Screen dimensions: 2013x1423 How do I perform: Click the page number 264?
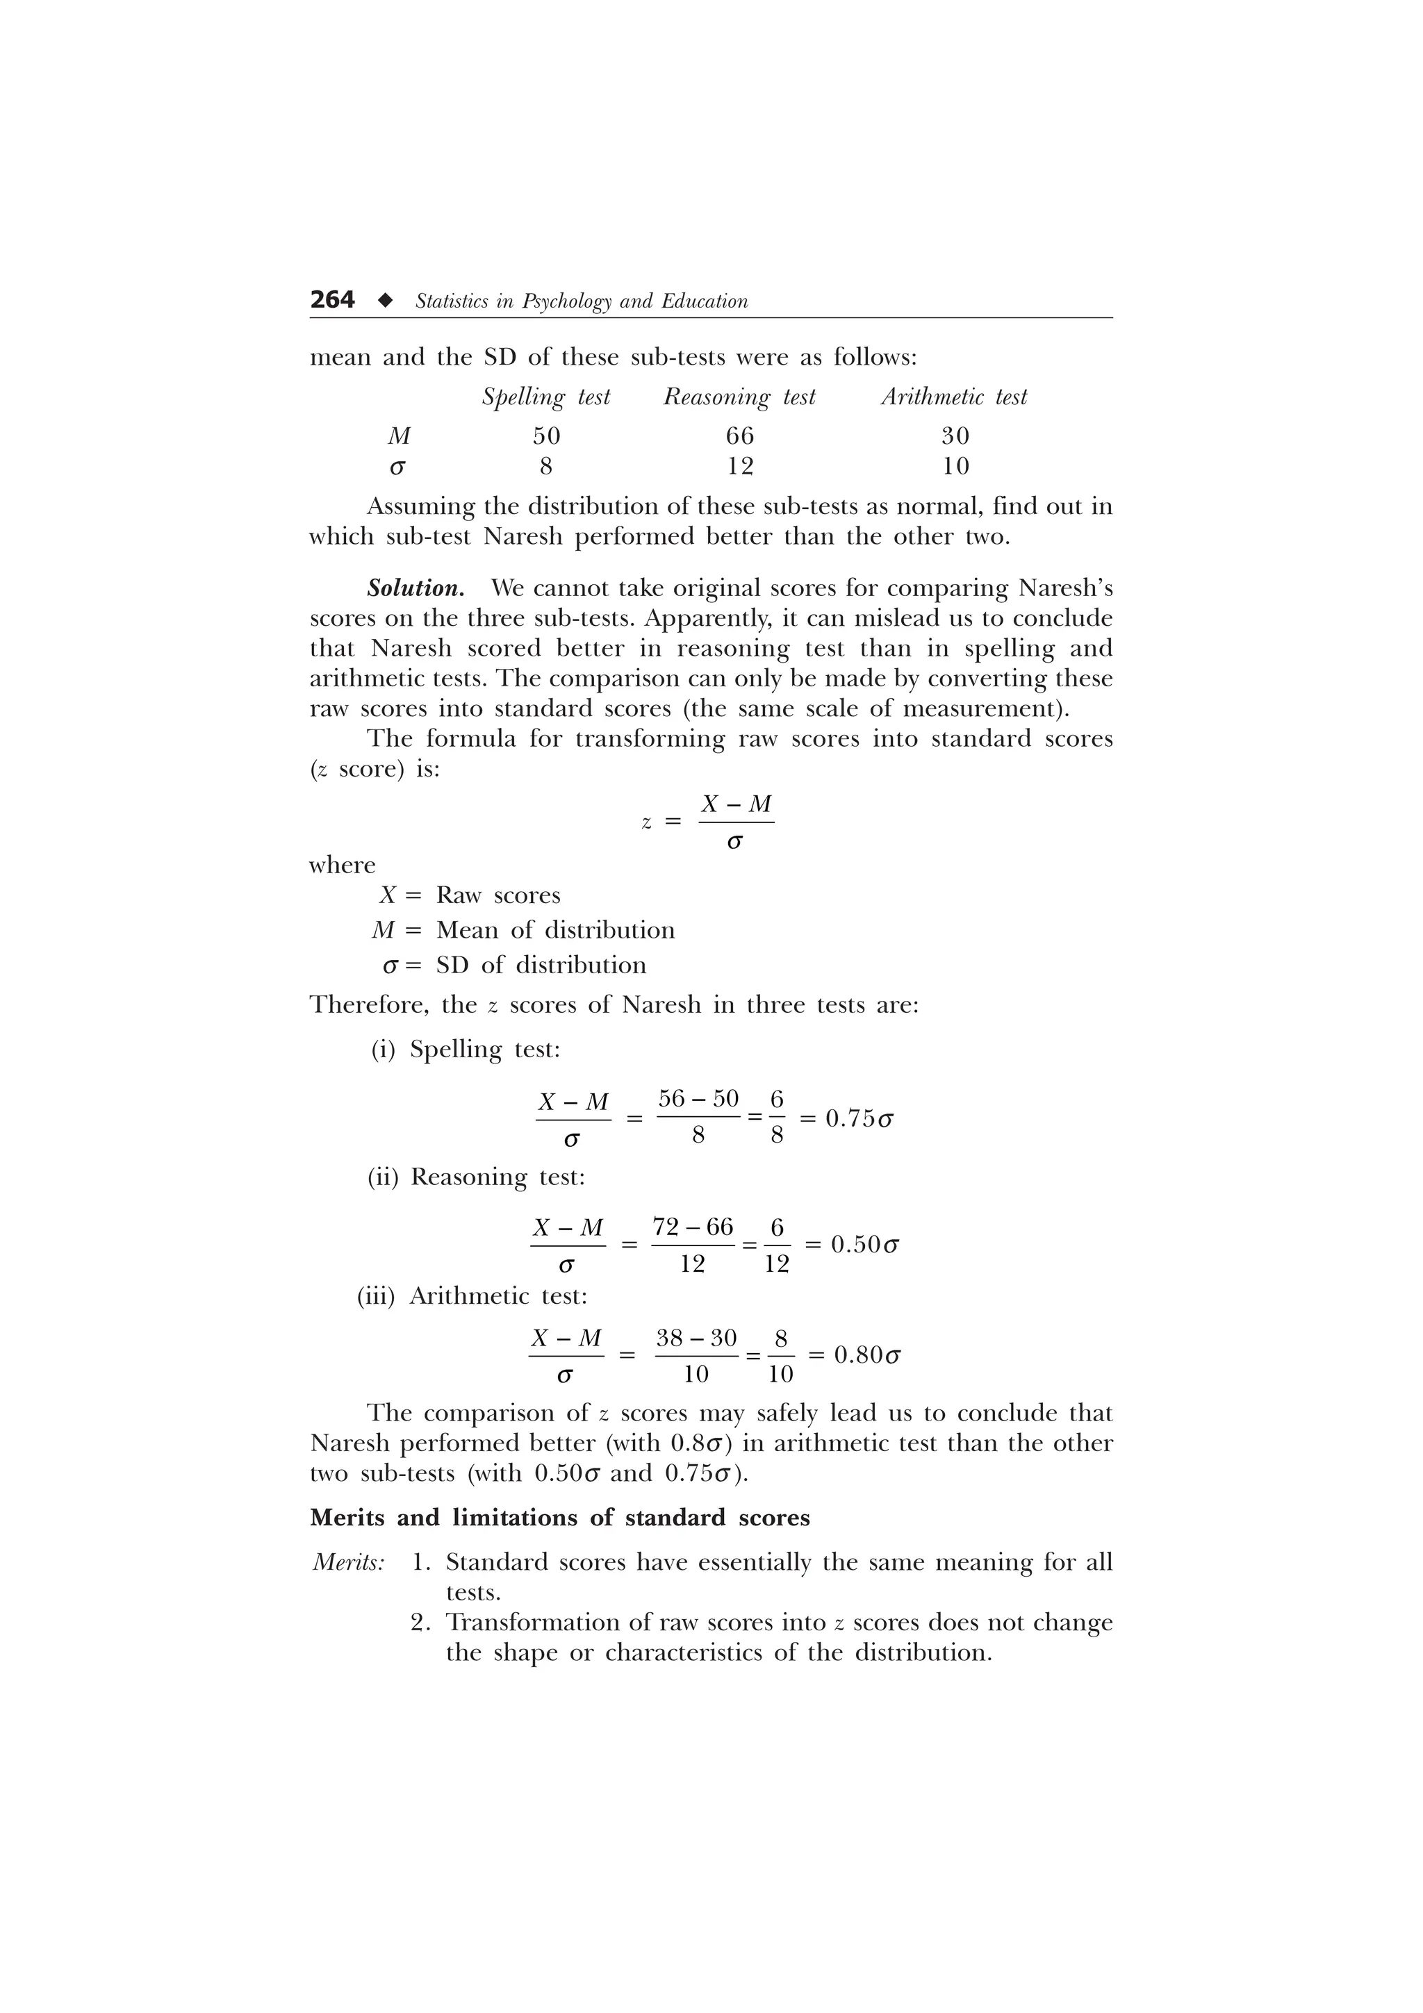[x=332, y=301]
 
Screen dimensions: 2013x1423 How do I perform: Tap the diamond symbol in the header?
[x=384, y=301]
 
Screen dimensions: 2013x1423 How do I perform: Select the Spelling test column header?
[x=545, y=397]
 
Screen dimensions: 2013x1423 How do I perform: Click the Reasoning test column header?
[x=739, y=397]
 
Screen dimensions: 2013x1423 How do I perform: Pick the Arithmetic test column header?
[x=954, y=397]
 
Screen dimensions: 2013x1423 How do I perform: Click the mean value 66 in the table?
[x=740, y=436]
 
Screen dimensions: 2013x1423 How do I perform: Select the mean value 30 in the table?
[x=955, y=436]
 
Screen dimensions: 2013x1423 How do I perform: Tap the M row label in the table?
[x=399, y=436]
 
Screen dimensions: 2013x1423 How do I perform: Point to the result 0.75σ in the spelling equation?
[x=859, y=1119]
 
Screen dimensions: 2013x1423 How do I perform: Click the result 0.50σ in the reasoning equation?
[x=864, y=1244]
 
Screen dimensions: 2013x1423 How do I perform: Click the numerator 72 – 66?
[x=693, y=1227]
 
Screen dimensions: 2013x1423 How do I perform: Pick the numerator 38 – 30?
[x=696, y=1338]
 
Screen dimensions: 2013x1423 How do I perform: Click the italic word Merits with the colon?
[x=348, y=1562]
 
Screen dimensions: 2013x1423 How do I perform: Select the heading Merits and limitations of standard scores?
[x=559, y=1518]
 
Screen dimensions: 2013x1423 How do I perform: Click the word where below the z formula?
[x=342, y=865]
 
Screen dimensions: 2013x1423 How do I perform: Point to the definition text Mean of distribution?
[x=555, y=930]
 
